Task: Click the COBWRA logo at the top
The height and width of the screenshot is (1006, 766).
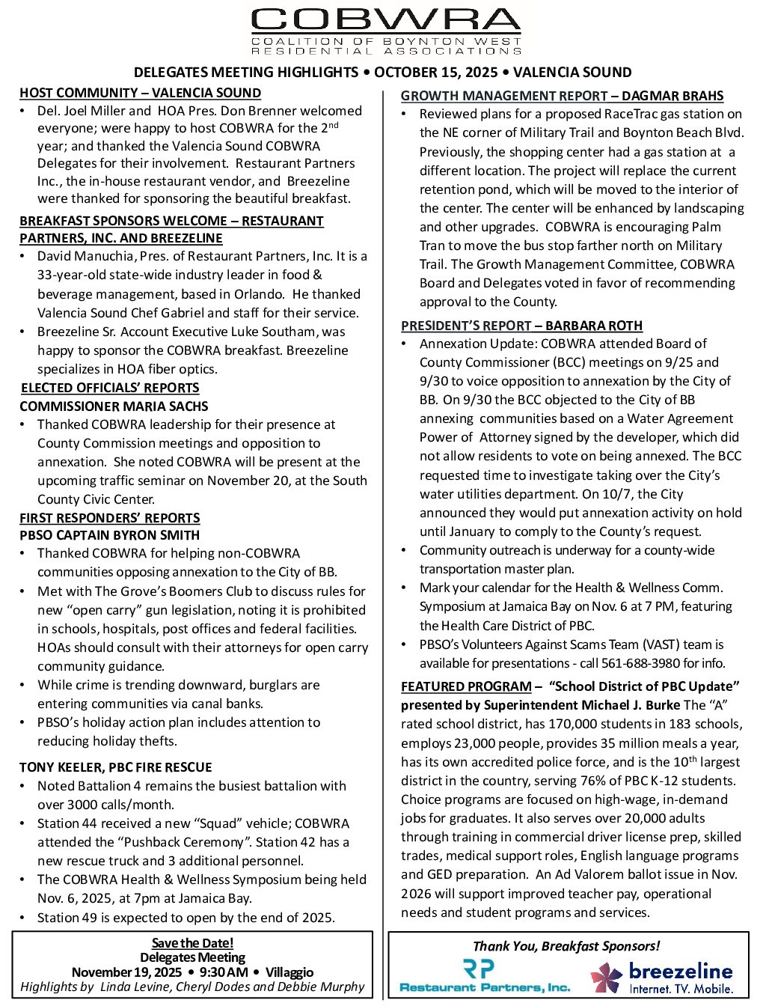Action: (x=386, y=31)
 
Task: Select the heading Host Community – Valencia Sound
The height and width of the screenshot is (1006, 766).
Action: (x=140, y=93)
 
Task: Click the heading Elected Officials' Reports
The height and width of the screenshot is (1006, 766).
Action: (x=110, y=388)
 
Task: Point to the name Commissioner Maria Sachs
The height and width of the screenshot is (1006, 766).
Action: (x=114, y=406)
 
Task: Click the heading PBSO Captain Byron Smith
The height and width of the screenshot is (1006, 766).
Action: (x=109, y=535)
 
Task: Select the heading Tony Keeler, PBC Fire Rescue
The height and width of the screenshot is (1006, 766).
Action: (x=115, y=767)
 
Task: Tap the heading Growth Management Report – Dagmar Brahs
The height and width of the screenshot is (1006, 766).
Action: (x=562, y=96)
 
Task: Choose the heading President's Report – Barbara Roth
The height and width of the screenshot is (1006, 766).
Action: (x=521, y=326)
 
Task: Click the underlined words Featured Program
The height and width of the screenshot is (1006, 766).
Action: (x=466, y=686)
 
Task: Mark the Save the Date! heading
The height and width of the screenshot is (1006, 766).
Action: (x=192, y=943)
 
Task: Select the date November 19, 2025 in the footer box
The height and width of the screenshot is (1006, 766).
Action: (x=126, y=972)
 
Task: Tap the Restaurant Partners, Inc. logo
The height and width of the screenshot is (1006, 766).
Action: (x=485, y=977)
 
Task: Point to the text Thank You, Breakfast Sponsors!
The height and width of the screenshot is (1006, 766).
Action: (x=566, y=946)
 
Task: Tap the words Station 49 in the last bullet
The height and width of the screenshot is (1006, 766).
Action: (x=67, y=918)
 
